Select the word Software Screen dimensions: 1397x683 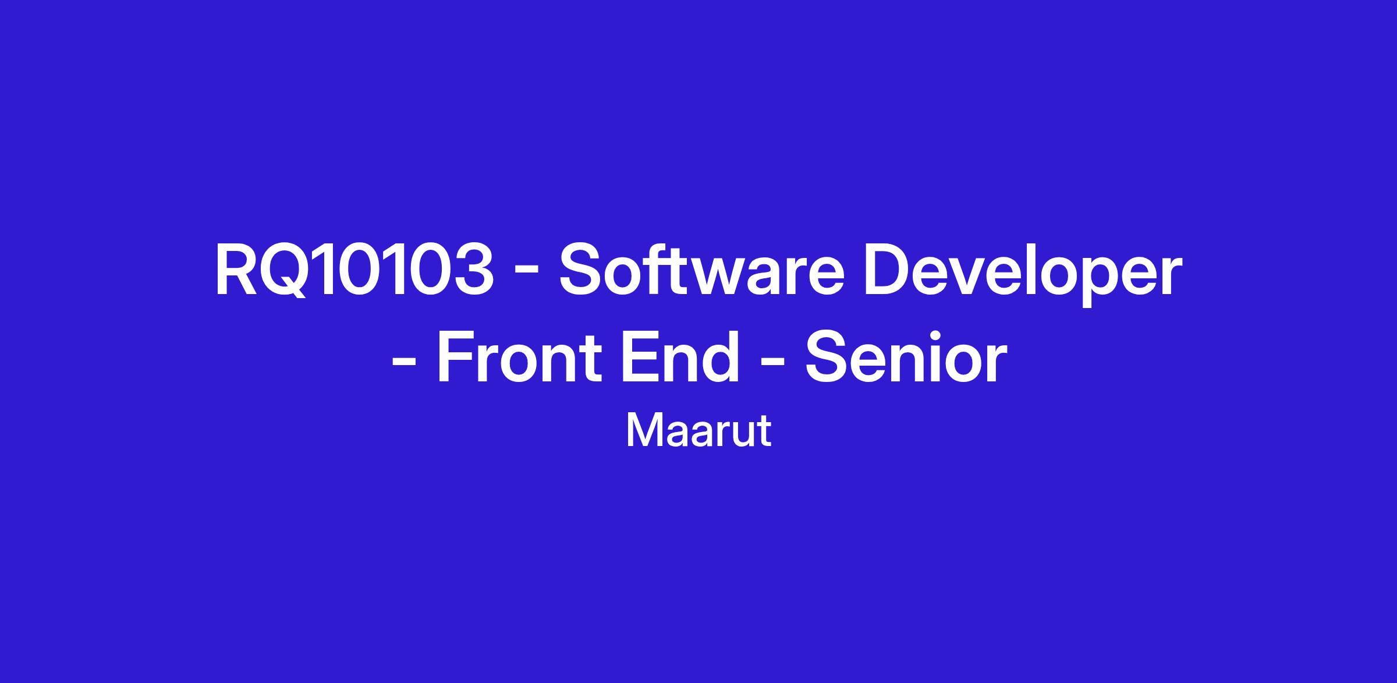point(702,270)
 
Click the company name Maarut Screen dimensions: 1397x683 point(698,431)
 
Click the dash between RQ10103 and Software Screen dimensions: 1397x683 point(526,277)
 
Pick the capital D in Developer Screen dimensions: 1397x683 point(888,271)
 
